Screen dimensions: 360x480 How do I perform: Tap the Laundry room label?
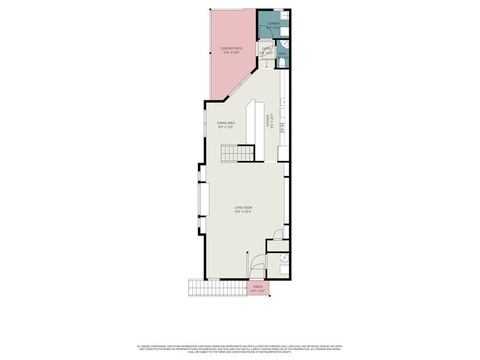point(273,23)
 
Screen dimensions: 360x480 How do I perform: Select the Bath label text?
point(282,54)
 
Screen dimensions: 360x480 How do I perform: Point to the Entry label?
point(266,48)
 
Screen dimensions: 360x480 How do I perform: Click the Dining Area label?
point(226,122)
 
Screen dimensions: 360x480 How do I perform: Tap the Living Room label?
point(243,208)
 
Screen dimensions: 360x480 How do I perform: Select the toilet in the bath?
point(283,61)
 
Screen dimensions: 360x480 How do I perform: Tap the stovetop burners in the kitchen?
point(282,128)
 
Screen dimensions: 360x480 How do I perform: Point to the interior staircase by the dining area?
point(237,152)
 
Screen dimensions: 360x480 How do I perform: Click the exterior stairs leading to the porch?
point(202,287)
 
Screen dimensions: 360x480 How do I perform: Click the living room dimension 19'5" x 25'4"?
point(243,212)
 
